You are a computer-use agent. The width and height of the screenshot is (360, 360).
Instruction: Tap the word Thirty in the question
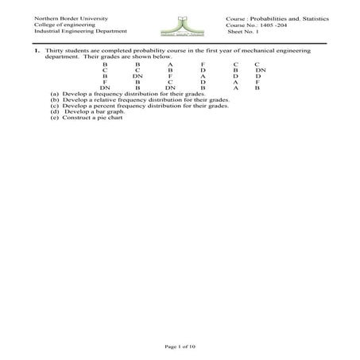tap(44, 50)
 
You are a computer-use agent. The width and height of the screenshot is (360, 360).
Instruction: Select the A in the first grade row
tap(170, 64)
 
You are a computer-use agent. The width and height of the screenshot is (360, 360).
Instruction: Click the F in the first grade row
tap(203, 64)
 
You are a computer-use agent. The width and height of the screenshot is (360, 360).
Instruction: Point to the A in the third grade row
tap(203, 75)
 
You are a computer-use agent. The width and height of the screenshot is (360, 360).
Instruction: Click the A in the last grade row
tap(236, 87)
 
